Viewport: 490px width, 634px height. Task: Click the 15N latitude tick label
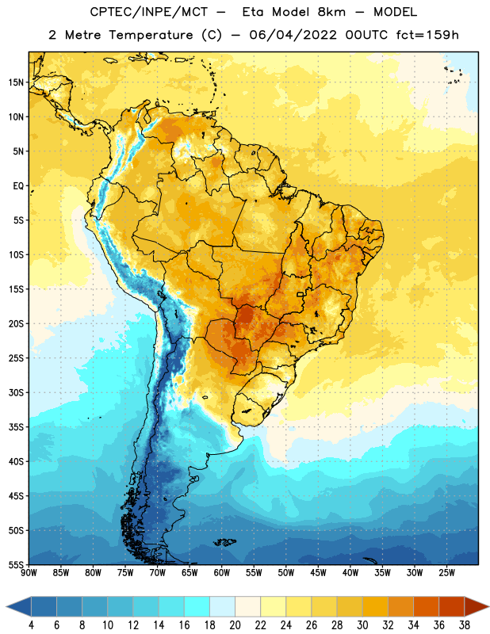click(x=16, y=82)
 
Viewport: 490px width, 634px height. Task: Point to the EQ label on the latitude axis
click(x=18, y=186)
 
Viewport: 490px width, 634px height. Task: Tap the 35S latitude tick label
click(x=16, y=427)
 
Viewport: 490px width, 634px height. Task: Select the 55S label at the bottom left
click(x=16, y=564)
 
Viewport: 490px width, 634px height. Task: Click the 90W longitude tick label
click(x=29, y=573)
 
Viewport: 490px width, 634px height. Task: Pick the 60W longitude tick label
click(x=222, y=573)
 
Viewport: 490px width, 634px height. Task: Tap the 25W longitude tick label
click(x=446, y=573)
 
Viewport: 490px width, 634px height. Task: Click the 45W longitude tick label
click(x=318, y=573)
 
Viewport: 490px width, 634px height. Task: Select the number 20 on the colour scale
click(x=235, y=625)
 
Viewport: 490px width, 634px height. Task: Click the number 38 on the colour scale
click(x=465, y=625)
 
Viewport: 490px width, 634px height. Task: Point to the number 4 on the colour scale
click(x=31, y=625)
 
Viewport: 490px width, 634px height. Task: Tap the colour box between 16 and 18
click(x=197, y=606)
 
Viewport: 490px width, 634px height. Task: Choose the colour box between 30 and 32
click(x=375, y=606)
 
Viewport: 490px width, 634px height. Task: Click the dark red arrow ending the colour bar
click(x=477, y=606)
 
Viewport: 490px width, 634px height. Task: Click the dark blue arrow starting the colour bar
click(x=18, y=606)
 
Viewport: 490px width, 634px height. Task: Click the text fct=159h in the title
click(x=427, y=35)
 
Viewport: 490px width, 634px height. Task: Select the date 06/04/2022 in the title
click(x=293, y=35)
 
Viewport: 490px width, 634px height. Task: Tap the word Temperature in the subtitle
click(x=151, y=35)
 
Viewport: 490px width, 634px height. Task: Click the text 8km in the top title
click(x=331, y=12)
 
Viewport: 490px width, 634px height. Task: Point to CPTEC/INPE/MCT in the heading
click(x=149, y=12)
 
